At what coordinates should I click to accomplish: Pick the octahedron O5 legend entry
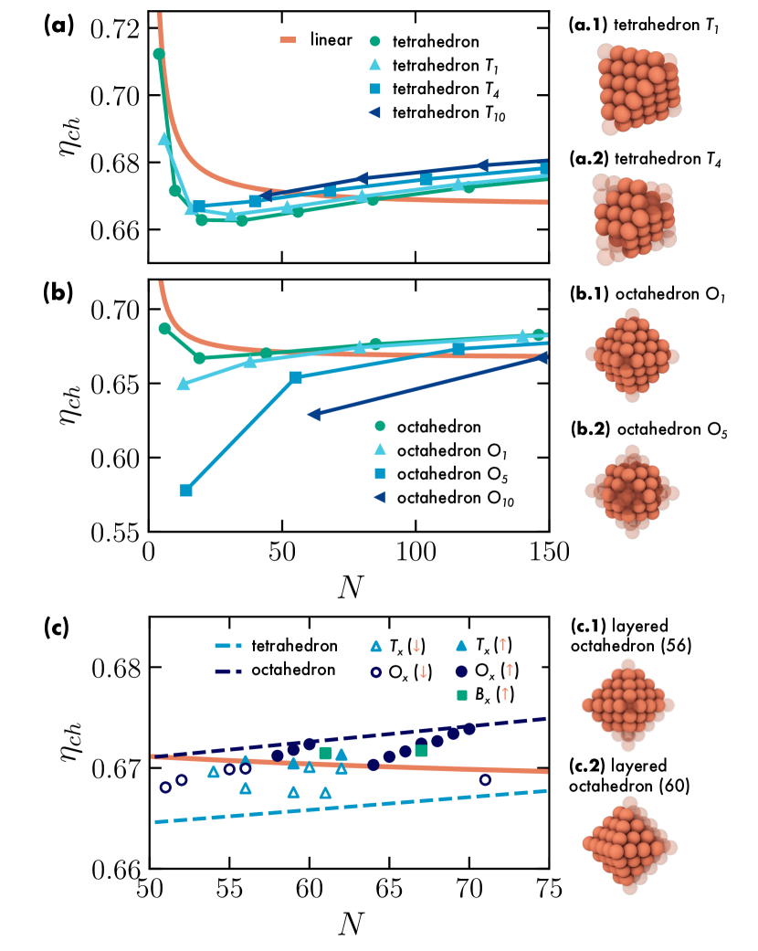437,475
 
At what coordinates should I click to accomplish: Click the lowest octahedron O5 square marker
186,491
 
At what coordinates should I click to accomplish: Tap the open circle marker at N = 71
485,779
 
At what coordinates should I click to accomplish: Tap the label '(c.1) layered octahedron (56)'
630,637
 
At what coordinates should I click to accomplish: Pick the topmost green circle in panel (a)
159,54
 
